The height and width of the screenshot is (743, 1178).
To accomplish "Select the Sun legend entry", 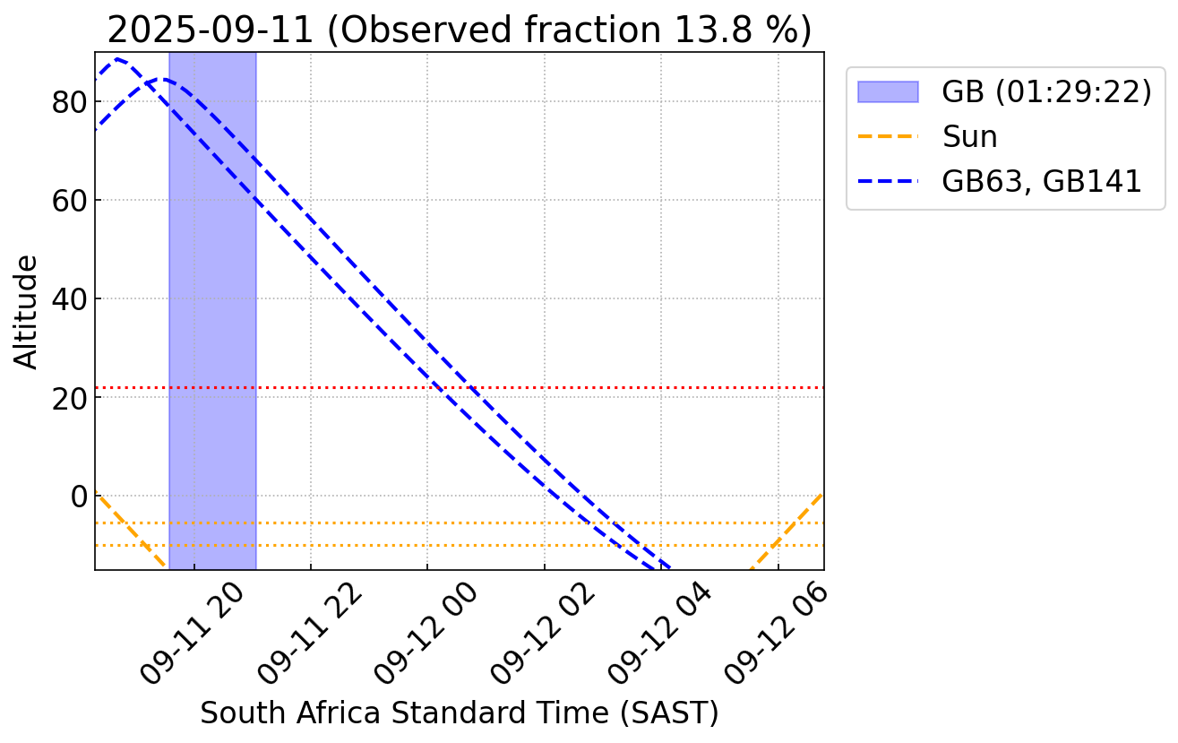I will click(x=969, y=137).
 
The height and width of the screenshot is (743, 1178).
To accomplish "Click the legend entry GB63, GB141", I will click(x=1042, y=182).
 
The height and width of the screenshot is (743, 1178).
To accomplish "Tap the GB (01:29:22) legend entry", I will click(x=1045, y=92).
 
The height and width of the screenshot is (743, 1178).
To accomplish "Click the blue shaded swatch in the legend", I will click(x=888, y=92).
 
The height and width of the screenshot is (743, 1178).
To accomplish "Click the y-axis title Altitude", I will click(x=28, y=311).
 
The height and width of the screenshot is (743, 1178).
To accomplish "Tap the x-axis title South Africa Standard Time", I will click(x=459, y=713).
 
